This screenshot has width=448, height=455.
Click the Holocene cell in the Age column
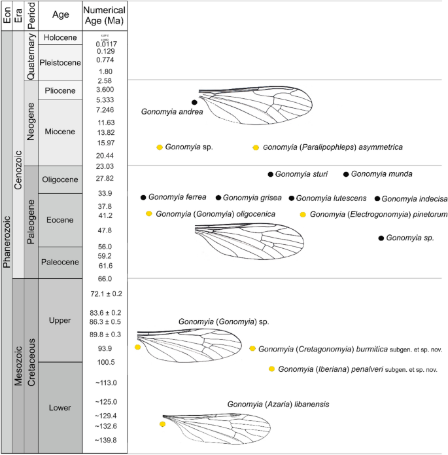click(60, 38)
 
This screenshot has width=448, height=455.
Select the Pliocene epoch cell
click(60, 90)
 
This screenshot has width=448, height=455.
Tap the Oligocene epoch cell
click(60, 179)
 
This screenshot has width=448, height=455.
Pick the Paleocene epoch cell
click(60, 262)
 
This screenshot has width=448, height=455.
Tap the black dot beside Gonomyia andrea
click(194, 102)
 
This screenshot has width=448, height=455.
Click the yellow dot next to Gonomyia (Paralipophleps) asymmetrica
click(256, 147)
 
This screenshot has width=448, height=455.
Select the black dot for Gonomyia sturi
click(270, 174)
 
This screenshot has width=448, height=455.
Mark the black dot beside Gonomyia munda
click(346, 174)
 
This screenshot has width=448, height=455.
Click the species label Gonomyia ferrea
click(177, 197)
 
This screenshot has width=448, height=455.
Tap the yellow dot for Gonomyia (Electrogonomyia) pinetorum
click(302, 214)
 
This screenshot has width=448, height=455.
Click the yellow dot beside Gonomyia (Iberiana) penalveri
click(271, 369)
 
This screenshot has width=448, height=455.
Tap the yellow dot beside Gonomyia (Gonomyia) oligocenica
click(149, 213)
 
